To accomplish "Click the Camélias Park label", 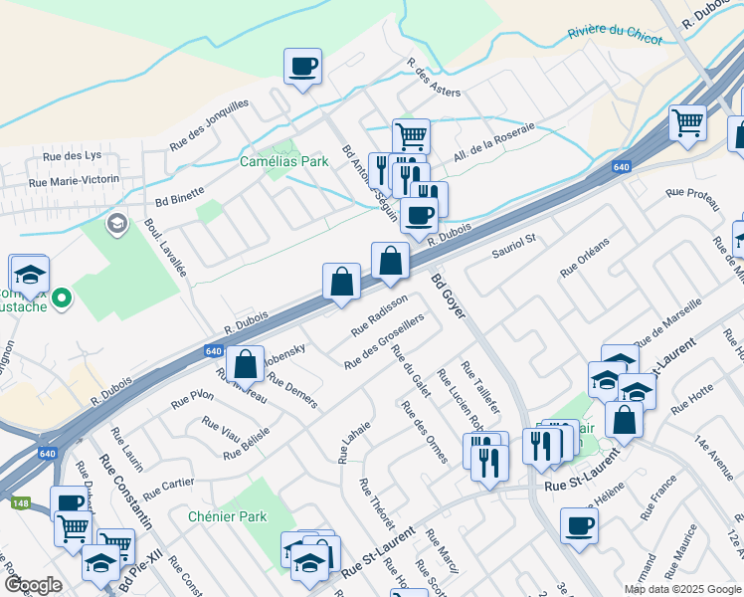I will (x=283, y=160).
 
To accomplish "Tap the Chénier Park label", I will (x=228, y=516).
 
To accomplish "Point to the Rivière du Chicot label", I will (x=615, y=33).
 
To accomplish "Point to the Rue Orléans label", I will (x=584, y=258).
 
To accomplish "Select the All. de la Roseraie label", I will (x=493, y=140).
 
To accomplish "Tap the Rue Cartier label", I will (x=168, y=488).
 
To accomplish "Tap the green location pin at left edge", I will (x=61, y=297).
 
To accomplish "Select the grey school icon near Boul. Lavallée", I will (x=116, y=223).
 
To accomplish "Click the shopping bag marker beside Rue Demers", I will (x=245, y=365).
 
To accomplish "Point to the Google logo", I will (x=33, y=585).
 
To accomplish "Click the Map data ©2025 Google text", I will (x=681, y=588).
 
